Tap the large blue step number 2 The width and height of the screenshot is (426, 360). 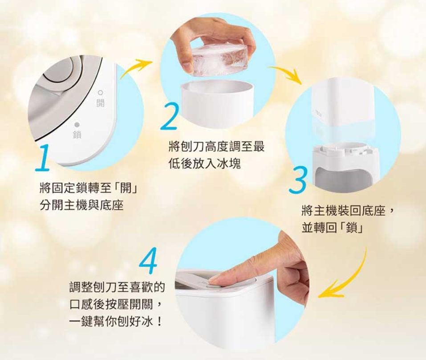pos(169,116)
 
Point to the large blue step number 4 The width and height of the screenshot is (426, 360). pos(149,260)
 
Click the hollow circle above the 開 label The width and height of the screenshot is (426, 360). pos(100,93)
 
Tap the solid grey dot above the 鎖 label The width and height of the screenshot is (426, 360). pos(77,125)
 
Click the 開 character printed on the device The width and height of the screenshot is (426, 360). pos(100,103)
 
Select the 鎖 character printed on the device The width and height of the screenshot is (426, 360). pos(77,135)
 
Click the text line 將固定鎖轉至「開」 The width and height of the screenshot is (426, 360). pos(88,188)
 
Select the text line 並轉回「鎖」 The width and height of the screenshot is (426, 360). pos(332,227)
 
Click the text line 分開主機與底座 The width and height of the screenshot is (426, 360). pos(81,205)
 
